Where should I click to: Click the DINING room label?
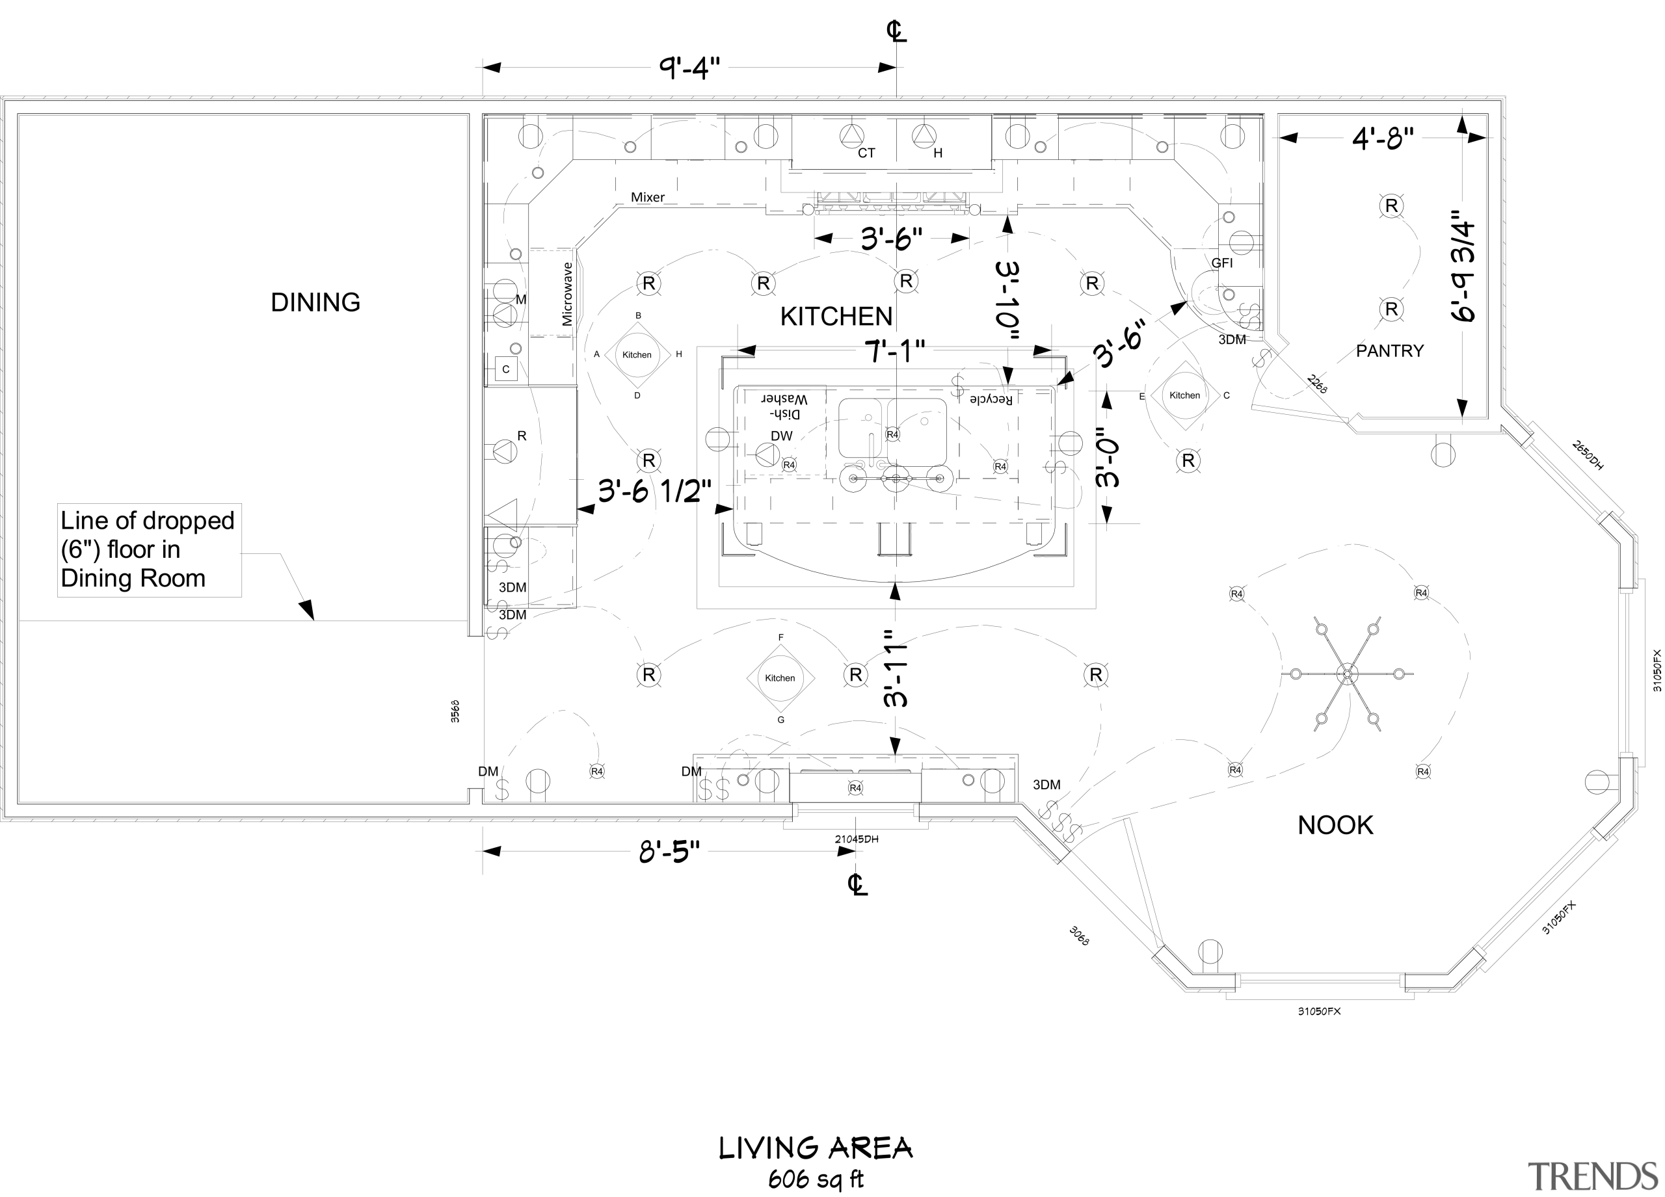click(x=315, y=302)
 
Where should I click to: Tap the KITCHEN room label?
click(x=836, y=316)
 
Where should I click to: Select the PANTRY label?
click(x=1389, y=351)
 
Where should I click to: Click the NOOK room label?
click(x=1335, y=825)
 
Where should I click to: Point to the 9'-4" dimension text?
click(x=689, y=68)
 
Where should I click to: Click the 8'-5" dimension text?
click(x=669, y=852)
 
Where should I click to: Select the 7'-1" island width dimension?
click(x=894, y=352)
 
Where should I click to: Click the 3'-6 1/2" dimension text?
click(x=655, y=491)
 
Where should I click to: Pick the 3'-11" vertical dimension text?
click(x=896, y=668)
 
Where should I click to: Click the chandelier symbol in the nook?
click(x=1346, y=674)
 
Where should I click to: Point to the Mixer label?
click(x=648, y=198)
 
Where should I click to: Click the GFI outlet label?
click(x=1221, y=263)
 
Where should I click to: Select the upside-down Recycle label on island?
click(x=991, y=399)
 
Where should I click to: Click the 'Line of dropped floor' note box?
click(x=149, y=549)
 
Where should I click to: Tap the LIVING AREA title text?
click(x=815, y=1149)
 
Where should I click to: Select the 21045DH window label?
click(x=856, y=839)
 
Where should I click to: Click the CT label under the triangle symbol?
click(x=866, y=153)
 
